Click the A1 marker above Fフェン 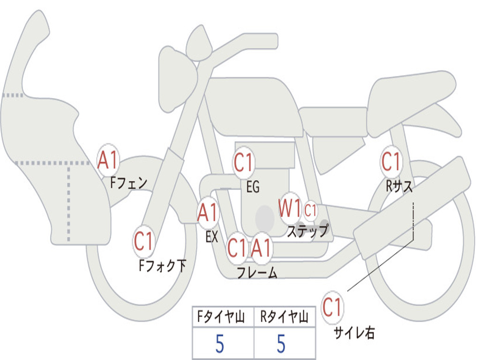(x=108, y=160)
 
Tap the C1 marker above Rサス (x=391, y=162)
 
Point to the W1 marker (x=290, y=207)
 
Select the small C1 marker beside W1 (x=310, y=210)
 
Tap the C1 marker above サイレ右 (x=332, y=307)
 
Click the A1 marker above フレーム (x=261, y=247)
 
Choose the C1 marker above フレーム (x=237, y=247)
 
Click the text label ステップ (x=307, y=231)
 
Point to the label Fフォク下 (x=162, y=266)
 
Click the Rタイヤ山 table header (x=284, y=317)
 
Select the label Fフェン (x=128, y=182)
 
